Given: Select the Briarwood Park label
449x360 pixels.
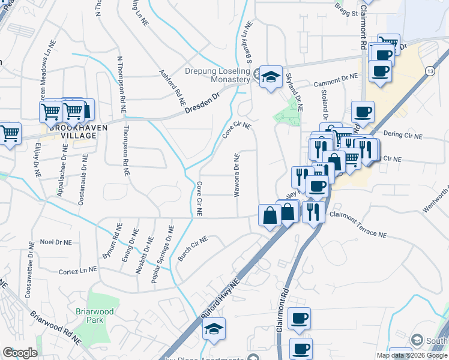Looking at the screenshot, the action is coord(91,315).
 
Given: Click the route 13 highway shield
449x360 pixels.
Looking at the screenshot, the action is coord(430,71).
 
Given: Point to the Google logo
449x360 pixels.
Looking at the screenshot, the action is coord(20,353).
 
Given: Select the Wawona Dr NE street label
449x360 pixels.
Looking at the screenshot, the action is coord(237,175).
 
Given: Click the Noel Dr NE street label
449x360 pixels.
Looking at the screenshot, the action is coord(56,241).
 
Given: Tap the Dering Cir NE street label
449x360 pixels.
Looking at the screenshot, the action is coord(402,137).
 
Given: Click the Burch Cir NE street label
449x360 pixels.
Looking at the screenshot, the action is coord(192,248).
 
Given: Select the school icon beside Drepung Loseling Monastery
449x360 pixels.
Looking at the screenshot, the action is coord(271,77).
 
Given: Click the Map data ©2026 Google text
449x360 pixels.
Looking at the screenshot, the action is coord(412,355).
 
